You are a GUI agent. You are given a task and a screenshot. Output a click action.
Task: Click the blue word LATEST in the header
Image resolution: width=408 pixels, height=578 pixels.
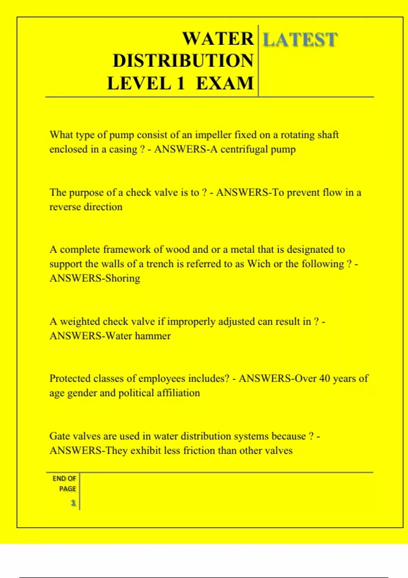(x=300, y=40)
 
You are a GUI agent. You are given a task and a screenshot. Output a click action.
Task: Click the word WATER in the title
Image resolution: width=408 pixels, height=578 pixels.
(x=218, y=39)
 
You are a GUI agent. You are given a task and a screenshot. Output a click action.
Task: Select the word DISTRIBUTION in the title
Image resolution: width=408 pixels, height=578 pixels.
(x=183, y=61)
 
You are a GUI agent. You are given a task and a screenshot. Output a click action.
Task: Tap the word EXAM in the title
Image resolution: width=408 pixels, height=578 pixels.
(x=225, y=84)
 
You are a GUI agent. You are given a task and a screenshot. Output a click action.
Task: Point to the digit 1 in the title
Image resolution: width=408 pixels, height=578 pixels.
(x=180, y=84)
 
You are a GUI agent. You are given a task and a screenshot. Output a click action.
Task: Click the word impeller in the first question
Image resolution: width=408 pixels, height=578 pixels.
(x=213, y=135)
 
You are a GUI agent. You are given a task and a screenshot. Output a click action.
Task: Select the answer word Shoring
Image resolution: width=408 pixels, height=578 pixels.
(x=122, y=278)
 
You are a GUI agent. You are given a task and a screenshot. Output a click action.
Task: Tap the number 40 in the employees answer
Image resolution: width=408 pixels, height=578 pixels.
(x=325, y=379)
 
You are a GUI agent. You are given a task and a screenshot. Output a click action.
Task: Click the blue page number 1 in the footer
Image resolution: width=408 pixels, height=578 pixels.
(x=73, y=503)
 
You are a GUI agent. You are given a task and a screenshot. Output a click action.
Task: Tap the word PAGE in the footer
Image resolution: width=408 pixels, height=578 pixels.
(x=67, y=489)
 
